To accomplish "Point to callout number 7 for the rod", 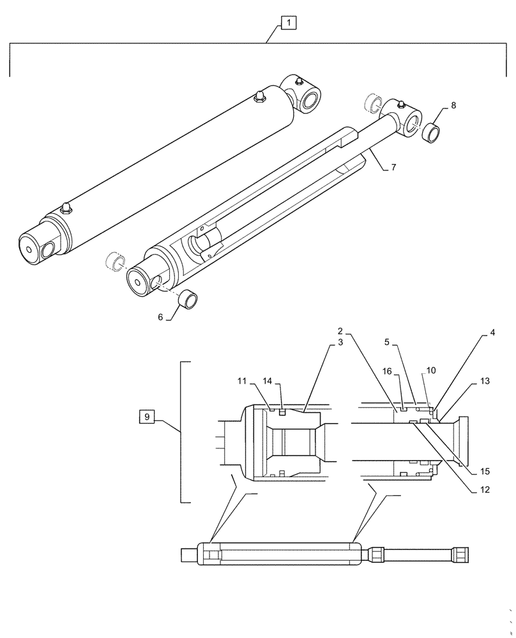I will tap(393, 167).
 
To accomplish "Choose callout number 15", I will tap(485, 471).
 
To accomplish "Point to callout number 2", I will tap(340, 331).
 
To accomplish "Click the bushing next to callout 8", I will tap(432, 134).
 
